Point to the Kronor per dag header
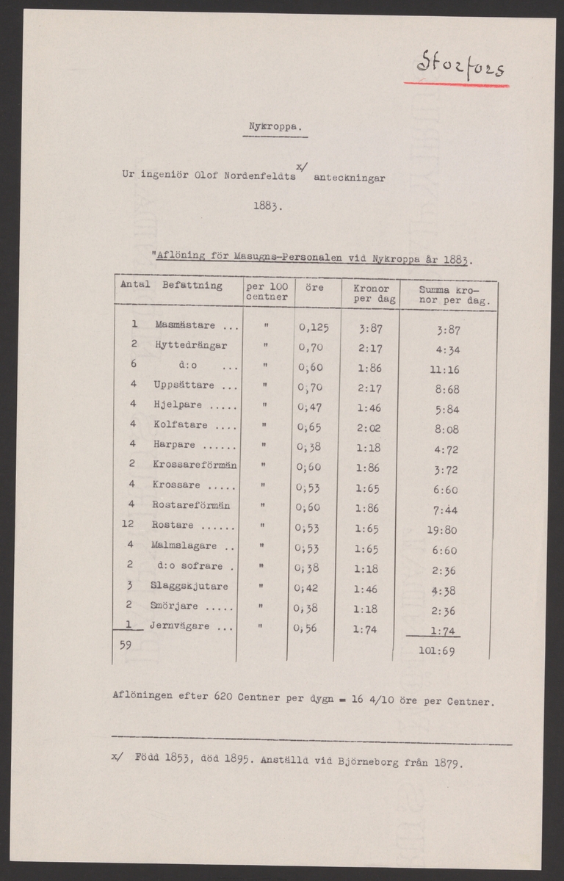pos(371,294)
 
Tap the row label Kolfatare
pos(181,425)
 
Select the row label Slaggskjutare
pos(189,586)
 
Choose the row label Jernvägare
pos(180,626)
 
